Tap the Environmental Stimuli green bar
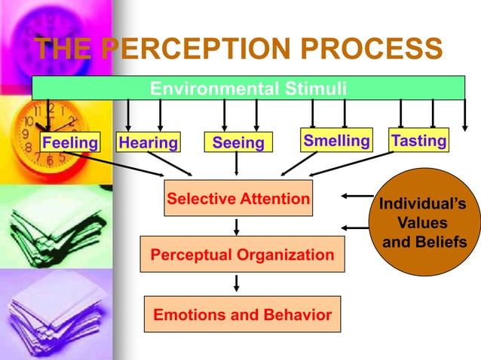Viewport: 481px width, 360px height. pos(248,89)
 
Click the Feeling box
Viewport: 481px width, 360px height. pos(69,142)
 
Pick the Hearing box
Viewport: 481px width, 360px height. pos(148,142)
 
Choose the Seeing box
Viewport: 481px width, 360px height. pos(237,142)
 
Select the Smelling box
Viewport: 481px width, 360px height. pos(336,141)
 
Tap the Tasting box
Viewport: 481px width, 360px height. pos(418,141)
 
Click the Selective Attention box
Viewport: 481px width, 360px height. pos(237,199)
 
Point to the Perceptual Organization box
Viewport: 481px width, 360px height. pos(242,255)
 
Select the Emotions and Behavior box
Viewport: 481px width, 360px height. pos(242,314)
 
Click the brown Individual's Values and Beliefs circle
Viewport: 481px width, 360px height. pos(422,223)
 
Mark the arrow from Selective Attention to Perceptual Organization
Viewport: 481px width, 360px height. pos(237,226)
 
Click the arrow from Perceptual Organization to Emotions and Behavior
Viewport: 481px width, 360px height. pos(237,284)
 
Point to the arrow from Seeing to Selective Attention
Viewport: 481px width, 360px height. pos(237,163)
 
